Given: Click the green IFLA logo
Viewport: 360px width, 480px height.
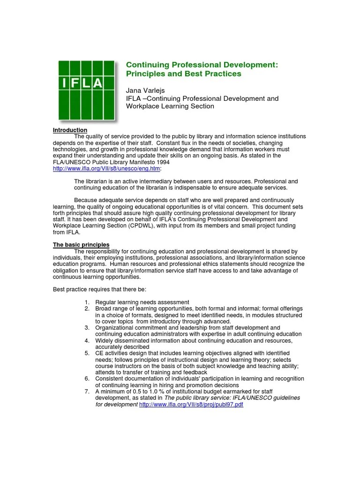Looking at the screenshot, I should click(x=87, y=90).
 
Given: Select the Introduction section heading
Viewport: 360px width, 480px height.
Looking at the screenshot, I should click(x=70, y=130).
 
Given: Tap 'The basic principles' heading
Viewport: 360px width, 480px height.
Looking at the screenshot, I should click(x=81, y=245).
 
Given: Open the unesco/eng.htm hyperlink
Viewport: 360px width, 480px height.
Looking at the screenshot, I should click(x=106, y=168).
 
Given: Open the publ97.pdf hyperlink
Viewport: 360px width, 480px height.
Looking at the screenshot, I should click(x=191, y=404).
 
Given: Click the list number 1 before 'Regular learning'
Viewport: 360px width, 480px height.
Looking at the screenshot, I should click(x=87, y=302).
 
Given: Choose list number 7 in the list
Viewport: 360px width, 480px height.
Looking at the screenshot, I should click(x=87, y=391).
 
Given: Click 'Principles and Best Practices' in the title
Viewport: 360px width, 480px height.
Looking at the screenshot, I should click(x=184, y=74).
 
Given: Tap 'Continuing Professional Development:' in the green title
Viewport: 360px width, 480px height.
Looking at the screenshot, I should click(x=202, y=64).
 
